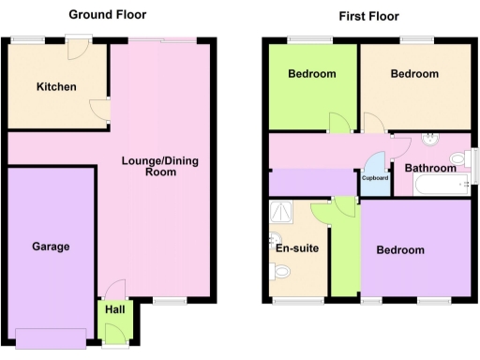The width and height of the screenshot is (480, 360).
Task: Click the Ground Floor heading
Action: (x=107, y=15)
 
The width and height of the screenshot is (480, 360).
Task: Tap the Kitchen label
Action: (x=56, y=87)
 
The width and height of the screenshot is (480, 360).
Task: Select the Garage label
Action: (x=52, y=247)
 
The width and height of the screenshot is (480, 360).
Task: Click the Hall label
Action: (x=114, y=309)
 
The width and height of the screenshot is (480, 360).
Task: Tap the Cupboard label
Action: (x=375, y=178)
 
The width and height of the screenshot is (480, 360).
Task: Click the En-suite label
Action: (x=292, y=248)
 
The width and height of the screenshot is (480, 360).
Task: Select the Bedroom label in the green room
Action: (x=311, y=74)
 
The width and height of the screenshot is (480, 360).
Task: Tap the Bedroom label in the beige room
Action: (x=414, y=74)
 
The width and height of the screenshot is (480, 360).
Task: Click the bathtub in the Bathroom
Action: (x=435, y=188)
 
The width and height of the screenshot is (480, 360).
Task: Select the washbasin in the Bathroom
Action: (x=432, y=141)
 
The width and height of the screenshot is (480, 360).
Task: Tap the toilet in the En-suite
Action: (x=279, y=272)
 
